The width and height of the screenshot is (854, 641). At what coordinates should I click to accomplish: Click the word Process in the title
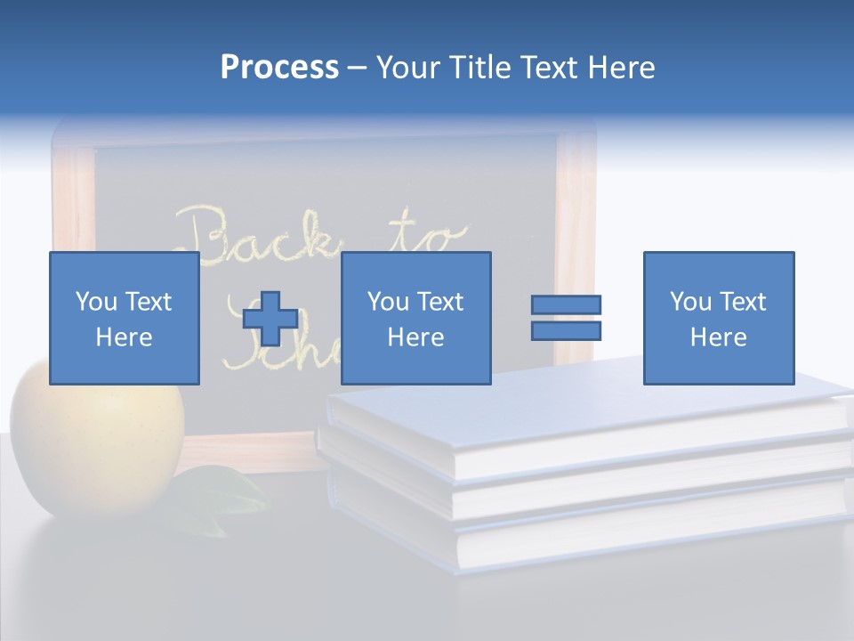coord(279,68)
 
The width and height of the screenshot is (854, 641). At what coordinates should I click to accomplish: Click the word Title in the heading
coord(479,68)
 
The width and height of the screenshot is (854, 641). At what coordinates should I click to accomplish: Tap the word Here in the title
coord(620,68)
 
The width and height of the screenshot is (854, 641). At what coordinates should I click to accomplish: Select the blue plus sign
coord(270,318)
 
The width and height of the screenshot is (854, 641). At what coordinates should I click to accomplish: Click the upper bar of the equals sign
coord(566,304)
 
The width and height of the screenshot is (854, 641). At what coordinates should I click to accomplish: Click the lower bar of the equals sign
coord(566,331)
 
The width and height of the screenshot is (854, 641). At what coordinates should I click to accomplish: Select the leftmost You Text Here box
coord(124,318)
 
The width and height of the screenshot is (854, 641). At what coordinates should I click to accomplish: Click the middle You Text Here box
coord(415,318)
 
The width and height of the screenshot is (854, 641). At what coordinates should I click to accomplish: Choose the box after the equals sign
coord(718,318)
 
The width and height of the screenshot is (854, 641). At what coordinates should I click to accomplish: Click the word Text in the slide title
coord(549,68)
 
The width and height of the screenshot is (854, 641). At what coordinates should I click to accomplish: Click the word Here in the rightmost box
coord(718,337)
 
